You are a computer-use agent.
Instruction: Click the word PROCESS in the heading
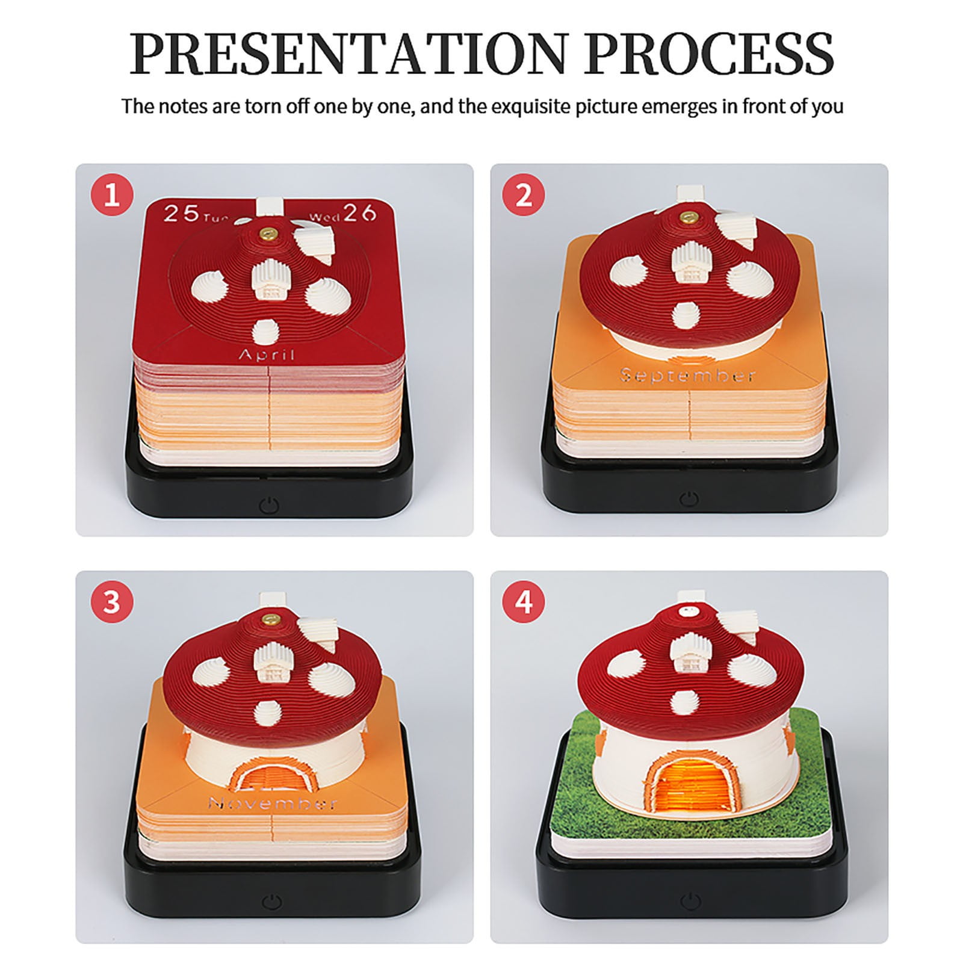[x=709, y=52]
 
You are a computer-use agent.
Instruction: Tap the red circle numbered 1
[x=112, y=196]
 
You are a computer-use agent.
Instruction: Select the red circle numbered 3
[x=112, y=602]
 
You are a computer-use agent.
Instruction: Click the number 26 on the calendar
[x=360, y=212]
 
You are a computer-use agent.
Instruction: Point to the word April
[x=267, y=354]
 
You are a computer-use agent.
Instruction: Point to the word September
[x=688, y=375]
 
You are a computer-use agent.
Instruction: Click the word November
[x=272, y=803]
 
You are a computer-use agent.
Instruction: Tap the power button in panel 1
[x=270, y=504]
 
